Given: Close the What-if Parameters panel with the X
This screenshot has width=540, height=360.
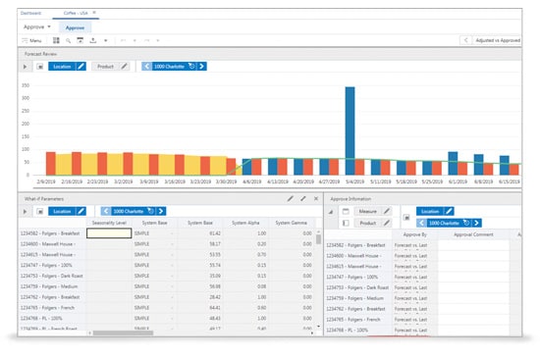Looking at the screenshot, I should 316,198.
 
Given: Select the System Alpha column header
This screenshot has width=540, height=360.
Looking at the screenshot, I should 245,223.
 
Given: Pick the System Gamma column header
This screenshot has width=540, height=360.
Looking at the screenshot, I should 292,223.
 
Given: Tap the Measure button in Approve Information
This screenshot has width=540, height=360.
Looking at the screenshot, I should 368,210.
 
